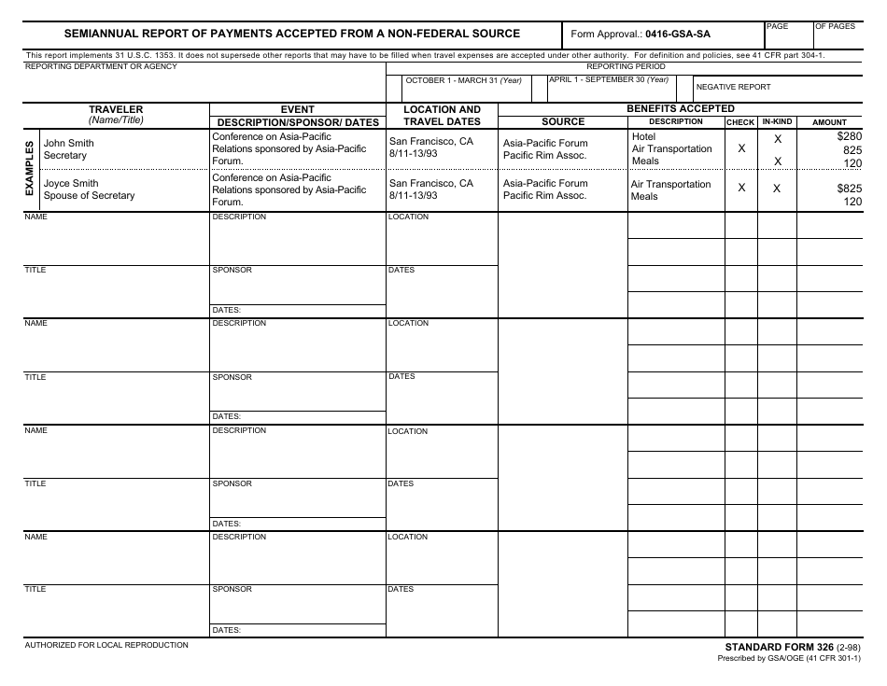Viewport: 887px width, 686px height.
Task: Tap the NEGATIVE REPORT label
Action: coord(733,87)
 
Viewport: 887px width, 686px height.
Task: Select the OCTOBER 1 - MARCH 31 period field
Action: coord(463,80)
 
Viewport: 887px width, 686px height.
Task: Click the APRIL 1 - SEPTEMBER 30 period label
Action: coord(609,79)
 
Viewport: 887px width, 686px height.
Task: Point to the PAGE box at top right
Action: coord(777,27)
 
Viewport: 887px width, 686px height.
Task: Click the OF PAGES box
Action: coord(835,27)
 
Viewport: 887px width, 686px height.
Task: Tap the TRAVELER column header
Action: coord(116,109)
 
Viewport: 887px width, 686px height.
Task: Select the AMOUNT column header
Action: coord(829,122)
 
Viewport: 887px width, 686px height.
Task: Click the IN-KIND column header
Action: coord(777,122)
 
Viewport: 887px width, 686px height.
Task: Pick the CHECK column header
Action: coord(740,122)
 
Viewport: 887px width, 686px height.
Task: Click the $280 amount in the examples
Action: coord(850,136)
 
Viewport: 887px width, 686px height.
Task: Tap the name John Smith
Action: coord(69,143)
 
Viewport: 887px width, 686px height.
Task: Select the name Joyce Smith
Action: coord(71,183)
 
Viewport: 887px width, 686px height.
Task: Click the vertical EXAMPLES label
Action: coord(29,169)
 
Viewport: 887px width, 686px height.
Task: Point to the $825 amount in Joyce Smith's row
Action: coord(850,189)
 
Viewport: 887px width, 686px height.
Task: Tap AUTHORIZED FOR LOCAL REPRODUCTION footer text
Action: coord(106,645)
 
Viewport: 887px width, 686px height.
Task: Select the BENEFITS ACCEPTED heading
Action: coord(680,108)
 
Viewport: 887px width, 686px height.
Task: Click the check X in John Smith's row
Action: coord(741,148)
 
